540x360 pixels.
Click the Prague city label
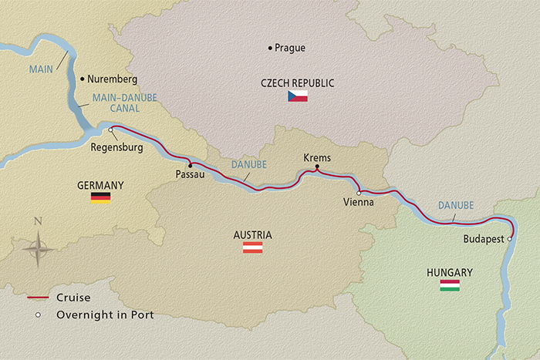[x=290, y=48]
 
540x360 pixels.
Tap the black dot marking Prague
[x=269, y=48]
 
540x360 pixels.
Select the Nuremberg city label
[x=113, y=79]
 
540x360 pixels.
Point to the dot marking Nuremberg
[x=82, y=79]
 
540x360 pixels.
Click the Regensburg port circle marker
[x=112, y=130]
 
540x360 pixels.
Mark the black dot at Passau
[x=190, y=164]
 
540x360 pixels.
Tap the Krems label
[x=317, y=157]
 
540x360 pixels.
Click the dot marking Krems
[x=317, y=167]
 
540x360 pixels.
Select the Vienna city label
[x=359, y=202]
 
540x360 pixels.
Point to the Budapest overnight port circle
[x=509, y=239]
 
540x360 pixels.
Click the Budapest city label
[x=484, y=240]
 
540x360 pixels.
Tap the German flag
[x=100, y=197]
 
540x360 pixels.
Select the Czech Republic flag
[x=297, y=96]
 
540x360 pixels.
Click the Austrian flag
[x=253, y=247]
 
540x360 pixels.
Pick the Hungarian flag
[x=450, y=285]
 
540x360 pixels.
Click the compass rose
[x=38, y=248]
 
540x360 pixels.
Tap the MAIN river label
[x=41, y=69]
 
